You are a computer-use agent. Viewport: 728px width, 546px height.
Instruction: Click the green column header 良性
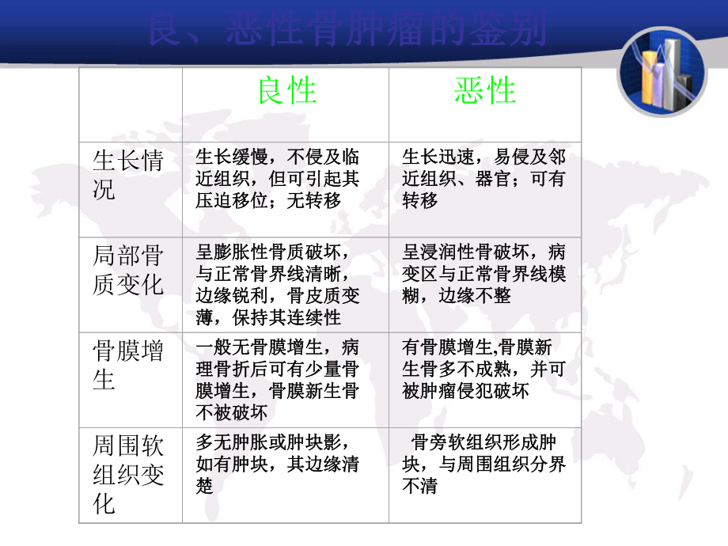(286, 92)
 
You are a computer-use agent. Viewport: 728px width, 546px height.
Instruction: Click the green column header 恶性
(485, 92)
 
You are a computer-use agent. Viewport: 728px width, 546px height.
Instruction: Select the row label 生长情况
(128, 176)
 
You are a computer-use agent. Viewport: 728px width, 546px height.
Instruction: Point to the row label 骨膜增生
(128, 365)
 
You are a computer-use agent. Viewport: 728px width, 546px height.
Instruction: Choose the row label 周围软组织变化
(128, 475)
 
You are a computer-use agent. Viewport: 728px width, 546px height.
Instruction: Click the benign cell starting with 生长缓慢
(277, 179)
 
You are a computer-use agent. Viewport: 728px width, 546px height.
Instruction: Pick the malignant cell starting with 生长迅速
(484, 179)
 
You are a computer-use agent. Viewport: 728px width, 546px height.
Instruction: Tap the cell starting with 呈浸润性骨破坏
(484, 274)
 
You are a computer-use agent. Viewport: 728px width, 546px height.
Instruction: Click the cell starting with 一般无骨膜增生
(277, 379)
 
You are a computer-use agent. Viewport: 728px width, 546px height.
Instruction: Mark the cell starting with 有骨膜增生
(484, 369)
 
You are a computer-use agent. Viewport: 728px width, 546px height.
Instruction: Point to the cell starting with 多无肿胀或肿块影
(277, 464)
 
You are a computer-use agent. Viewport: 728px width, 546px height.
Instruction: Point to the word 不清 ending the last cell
(420, 486)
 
